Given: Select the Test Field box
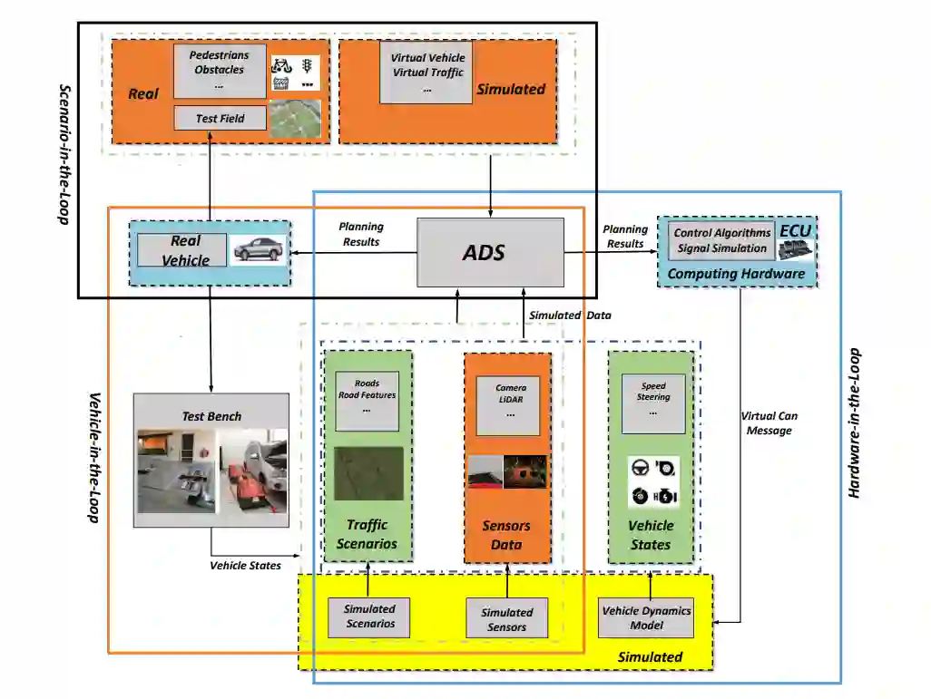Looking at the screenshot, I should pos(220,118).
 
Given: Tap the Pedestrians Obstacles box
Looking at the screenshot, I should pos(219,71).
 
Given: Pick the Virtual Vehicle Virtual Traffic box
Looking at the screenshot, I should pos(426,71).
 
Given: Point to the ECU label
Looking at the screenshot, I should pos(795,231).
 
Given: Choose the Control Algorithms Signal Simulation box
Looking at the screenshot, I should pos(721,241).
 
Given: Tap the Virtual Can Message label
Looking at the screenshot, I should pos(769,423).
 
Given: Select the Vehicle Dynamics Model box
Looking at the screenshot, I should pos(646,617).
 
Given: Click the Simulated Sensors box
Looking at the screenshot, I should pos(506,619).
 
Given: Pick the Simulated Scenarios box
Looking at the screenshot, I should pos(370,616).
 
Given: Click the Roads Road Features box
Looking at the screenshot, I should pos(367,401).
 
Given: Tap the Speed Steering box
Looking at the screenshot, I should pos(653,400).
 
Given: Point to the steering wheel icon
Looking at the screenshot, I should pos(640,468).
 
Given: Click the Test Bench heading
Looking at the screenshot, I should pos(211,416).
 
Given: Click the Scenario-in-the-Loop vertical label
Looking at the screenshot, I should pos(64,156).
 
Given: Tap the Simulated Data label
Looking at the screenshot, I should pos(569,315).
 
